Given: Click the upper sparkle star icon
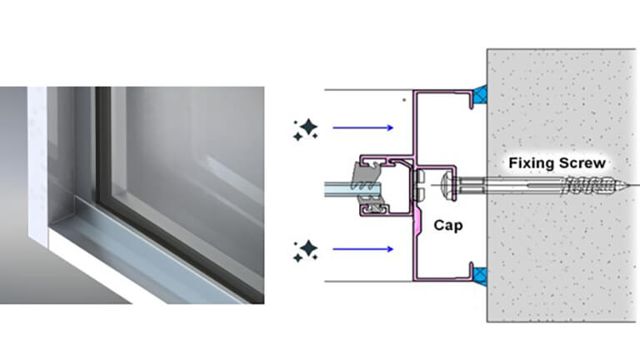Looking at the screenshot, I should tap(305, 128).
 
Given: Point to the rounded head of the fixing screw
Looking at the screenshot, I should tap(446, 184).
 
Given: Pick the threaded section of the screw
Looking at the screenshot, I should tap(587, 184).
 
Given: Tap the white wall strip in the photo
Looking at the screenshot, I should tap(37, 167).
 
